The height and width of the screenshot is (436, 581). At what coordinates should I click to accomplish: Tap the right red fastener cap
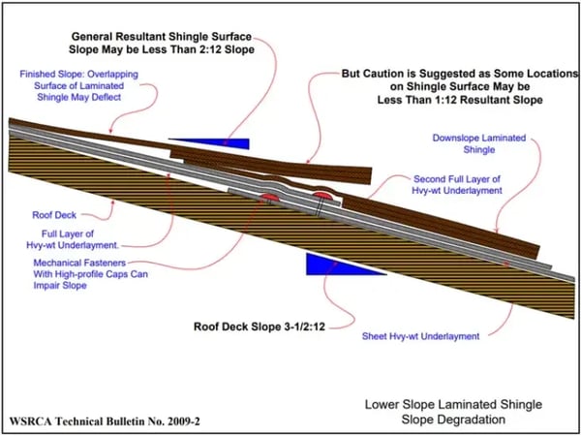(x=321, y=199)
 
